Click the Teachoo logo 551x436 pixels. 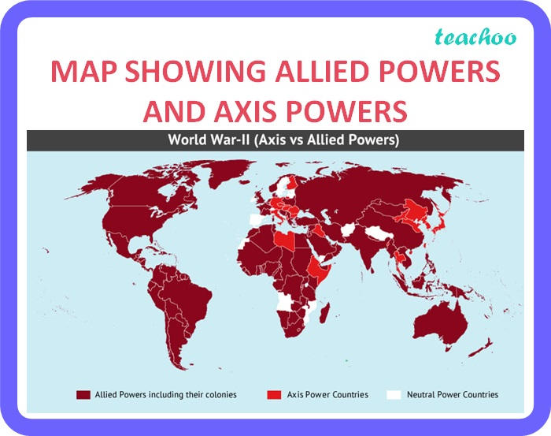(x=489, y=37)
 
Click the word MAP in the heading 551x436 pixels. (x=84, y=72)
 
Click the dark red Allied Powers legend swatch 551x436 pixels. (x=82, y=394)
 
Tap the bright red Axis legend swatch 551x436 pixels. (x=274, y=394)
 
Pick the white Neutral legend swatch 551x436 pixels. (x=393, y=394)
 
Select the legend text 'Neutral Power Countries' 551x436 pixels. (x=453, y=394)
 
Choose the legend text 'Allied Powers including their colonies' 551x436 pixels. (x=165, y=394)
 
